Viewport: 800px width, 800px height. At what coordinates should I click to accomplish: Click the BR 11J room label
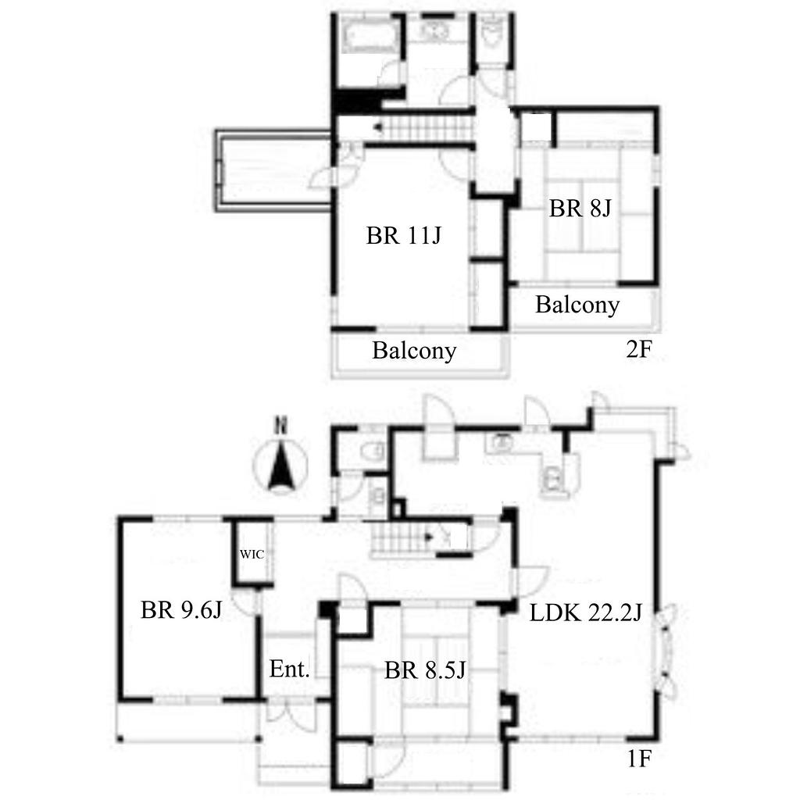tap(404, 236)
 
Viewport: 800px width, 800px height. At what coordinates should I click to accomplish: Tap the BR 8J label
tap(580, 208)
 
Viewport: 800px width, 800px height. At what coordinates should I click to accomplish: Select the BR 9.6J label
tap(181, 609)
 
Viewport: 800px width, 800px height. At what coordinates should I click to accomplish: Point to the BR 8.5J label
tap(425, 670)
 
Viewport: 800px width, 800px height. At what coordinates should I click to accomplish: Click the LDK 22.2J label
tap(586, 612)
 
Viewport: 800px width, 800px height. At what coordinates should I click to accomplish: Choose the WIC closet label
tap(252, 554)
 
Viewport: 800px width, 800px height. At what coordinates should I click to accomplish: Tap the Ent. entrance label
tap(289, 669)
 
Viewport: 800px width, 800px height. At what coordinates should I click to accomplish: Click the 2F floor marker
tap(639, 349)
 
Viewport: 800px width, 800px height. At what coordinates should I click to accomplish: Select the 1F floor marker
tap(639, 759)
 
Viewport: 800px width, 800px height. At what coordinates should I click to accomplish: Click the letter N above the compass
tap(280, 425)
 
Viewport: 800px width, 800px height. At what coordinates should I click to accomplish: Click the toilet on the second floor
tap(492, 30)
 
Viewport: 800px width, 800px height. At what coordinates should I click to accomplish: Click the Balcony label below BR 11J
tap(414, 351)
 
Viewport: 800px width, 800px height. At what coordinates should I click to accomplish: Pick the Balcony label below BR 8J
tap(577, 305)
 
